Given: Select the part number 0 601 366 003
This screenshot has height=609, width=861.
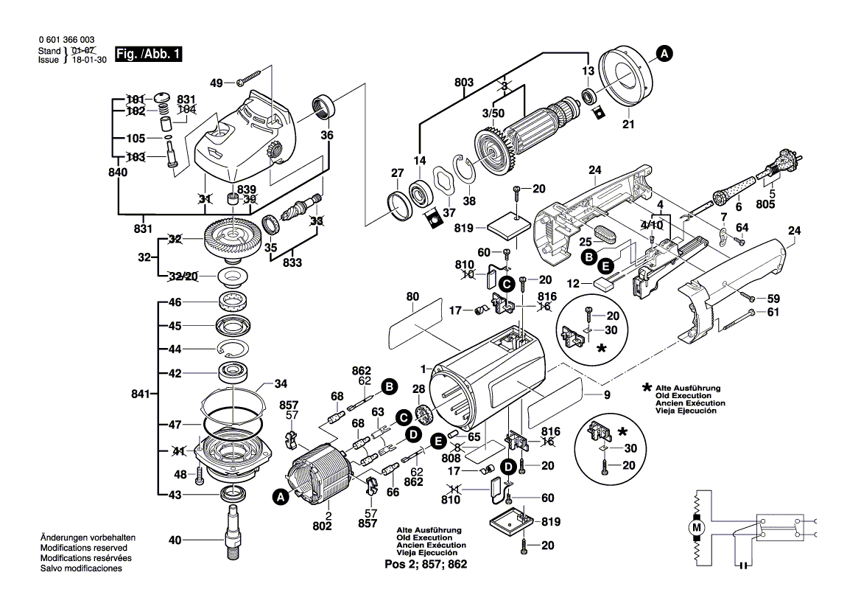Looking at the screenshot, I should (x=66, y=40).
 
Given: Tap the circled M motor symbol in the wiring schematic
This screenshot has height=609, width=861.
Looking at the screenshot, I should (x=695, y=527).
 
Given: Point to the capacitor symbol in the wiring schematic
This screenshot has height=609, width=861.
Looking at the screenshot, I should (x=743, y=566).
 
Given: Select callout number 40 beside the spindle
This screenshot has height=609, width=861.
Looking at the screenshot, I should (x=175, y=540).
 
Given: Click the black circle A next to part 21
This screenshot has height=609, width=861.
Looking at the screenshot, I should (x=664, y=53).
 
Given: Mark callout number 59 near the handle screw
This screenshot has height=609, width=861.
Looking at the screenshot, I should (x=773, y=299).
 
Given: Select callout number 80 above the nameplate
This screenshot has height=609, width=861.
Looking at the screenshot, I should (x=412, y=296).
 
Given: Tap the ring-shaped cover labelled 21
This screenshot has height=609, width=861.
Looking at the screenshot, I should (x=625, y=77).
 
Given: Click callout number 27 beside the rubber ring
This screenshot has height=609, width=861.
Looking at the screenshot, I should (x=397, y=173).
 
